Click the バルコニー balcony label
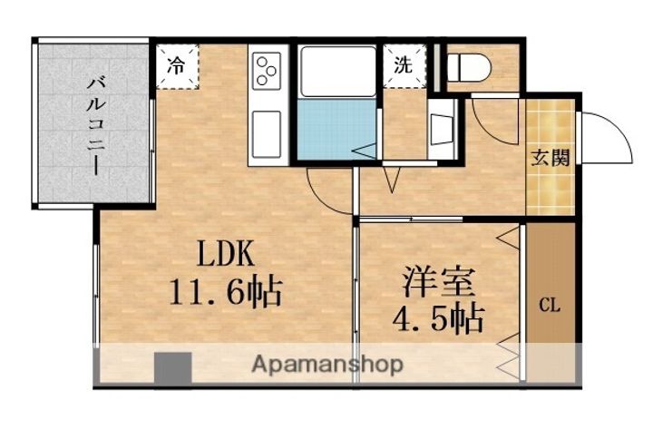click(93, 125)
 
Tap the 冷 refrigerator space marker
click(176, 65)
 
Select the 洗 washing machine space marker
click(403, 65)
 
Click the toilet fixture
click(469, 66)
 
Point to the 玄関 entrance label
click(551, 158)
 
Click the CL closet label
click(551, 305)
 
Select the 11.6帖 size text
click(225, 291)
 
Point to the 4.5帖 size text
click(439, 318)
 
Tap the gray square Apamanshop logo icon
click(172, 366)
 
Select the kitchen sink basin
click(268, 133)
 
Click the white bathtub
click(337, 70)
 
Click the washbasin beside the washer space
click(443, 126)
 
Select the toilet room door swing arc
click(490, 118)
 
